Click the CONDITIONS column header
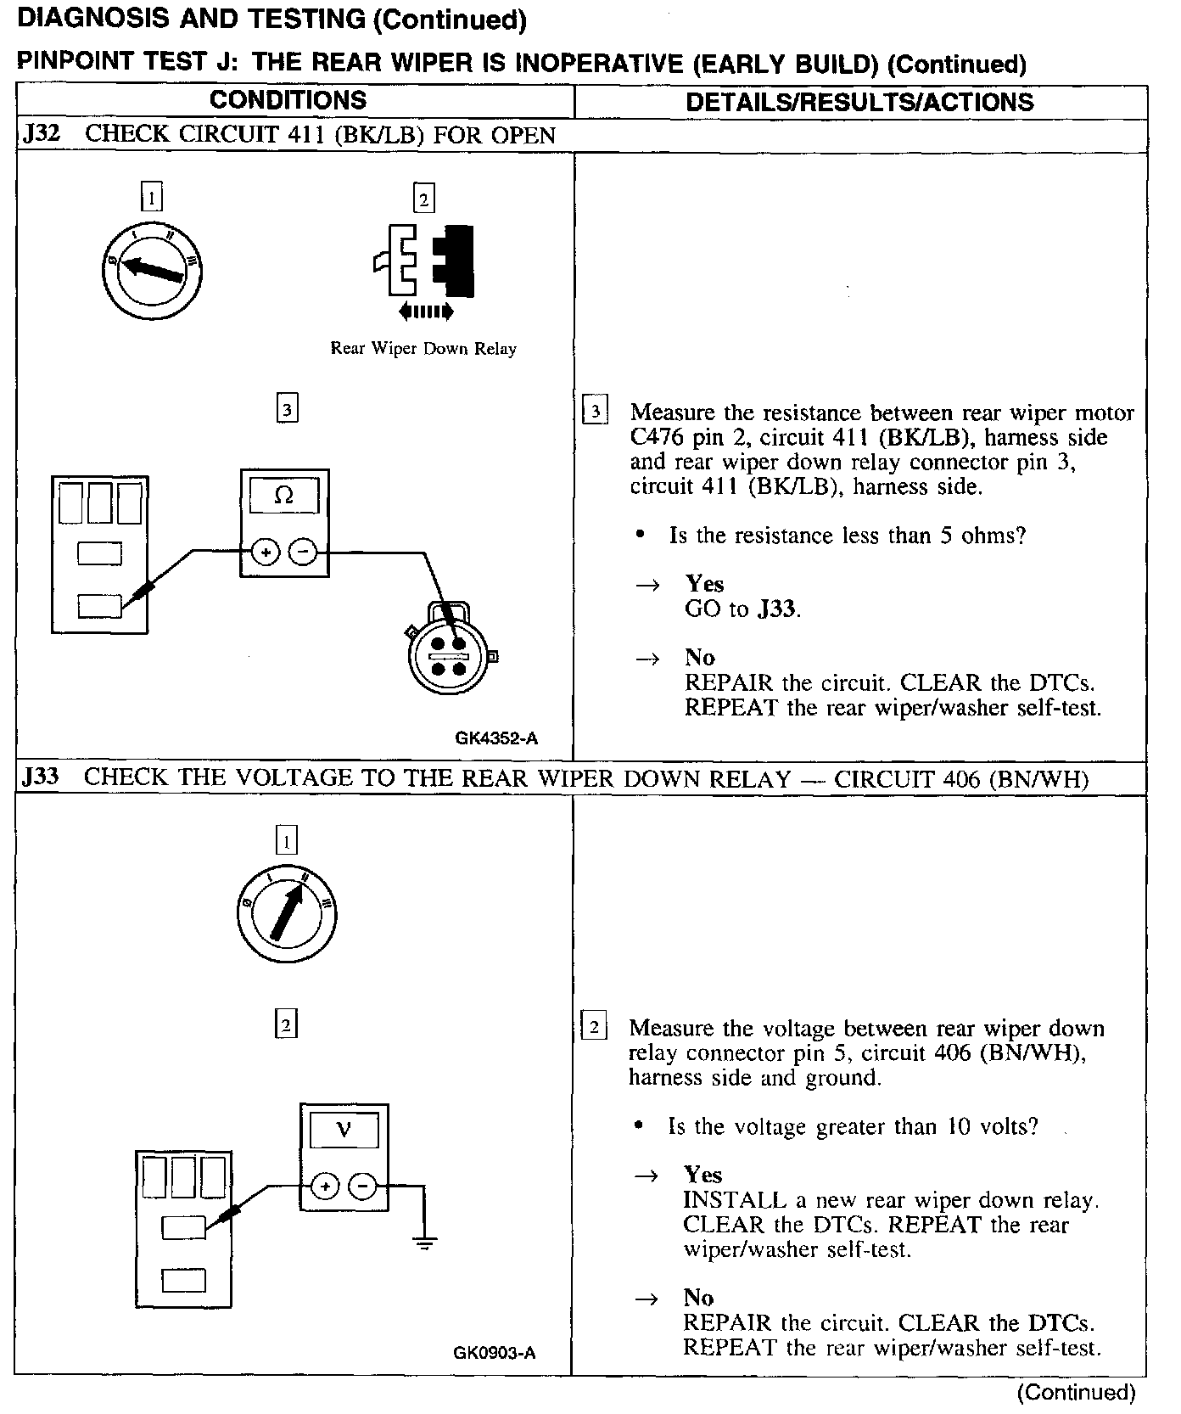pyautogui.click(x=288, y=100)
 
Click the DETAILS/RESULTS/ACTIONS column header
pyautogui.click(x=859, y=102)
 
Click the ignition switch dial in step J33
pyautogui.click(x=286, y=915)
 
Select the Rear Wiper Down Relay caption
pyautogui.click(x=423, y=348)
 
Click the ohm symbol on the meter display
pyautogui.click(x=284, y=496)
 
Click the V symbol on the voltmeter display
pyautogui.click(x=344, y=1130)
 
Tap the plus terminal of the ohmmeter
pyautogui.click(x=266, y=553)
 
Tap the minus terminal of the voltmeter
pyautogui.click(x=363, y=1186)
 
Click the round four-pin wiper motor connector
pyautogui.click(x=449, y=654)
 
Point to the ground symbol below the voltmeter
pyautogui.click(x=424, y=1245)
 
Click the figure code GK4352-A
pyautogui.click(x=496, y=738)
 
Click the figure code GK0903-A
pyautogui.click(x=495, y=1353)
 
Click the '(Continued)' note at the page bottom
pyautogui.click(x=1076, y=1392)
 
